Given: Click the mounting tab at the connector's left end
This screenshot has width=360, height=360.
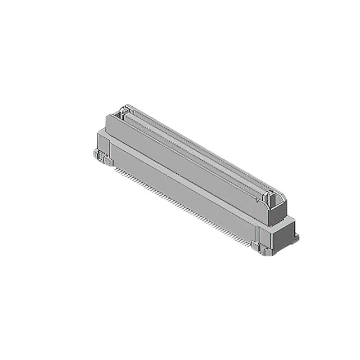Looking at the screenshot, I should [x=98, y=155].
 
